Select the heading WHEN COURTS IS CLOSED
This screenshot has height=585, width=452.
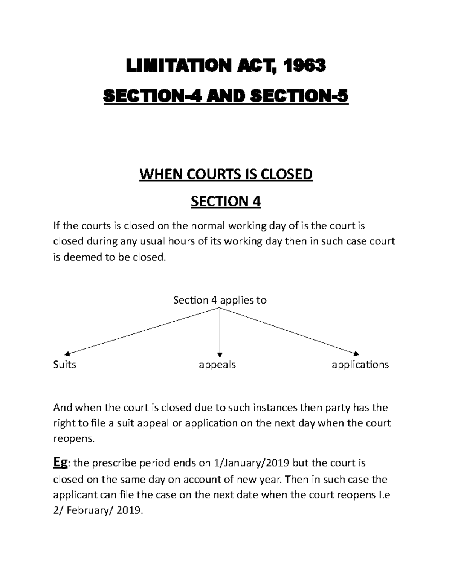tap(226, 175)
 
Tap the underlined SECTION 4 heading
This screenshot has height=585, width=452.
tap(226, 202)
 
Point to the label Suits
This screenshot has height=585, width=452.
tap(65, 365)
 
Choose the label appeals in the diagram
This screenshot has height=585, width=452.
tap(217, 365)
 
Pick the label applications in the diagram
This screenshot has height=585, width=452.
tap(360, 365)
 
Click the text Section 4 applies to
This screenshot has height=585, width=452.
tap(220, 300)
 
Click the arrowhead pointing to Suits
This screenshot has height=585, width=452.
tap(67, 353)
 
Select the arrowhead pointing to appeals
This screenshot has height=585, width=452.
tap(220, 354)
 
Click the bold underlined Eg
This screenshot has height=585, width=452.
tap(60, 462)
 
